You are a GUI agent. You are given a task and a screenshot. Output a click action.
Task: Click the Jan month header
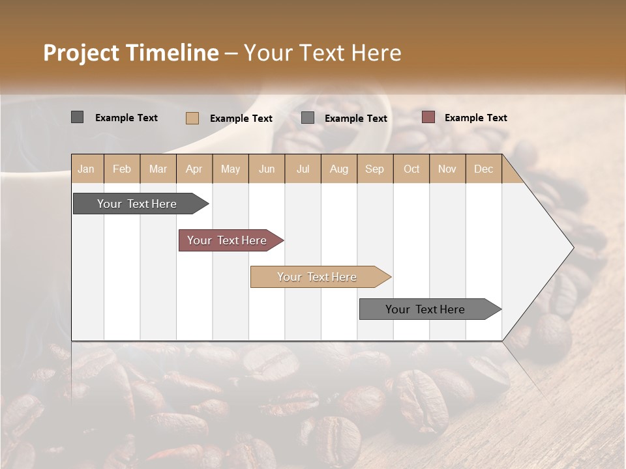[x=86, y=169]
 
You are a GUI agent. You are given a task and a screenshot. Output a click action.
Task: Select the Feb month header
[x=122, y=169]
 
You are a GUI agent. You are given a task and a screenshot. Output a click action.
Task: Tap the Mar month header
[x=158, y=169]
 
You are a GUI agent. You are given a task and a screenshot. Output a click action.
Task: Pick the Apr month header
[x=194, y=169]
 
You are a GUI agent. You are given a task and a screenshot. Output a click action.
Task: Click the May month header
[x=230, y=169]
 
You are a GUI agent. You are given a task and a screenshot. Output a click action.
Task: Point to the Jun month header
[x=267, y=169]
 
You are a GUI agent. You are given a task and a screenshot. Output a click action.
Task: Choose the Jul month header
[x=303, y=169]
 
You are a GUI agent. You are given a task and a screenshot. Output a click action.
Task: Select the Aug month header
[x=339, y=169]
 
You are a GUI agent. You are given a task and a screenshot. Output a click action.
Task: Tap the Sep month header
[x=374, y=169]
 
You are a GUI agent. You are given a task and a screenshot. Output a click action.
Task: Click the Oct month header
[x=411, y=169]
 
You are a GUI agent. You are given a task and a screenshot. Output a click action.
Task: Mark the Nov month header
[x=447, y=169]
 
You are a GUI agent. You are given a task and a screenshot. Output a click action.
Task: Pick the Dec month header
[x=483, y=169]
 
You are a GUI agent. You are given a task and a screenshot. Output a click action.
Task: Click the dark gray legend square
[x=77, y=117]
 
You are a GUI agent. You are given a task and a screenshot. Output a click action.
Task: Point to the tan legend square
[x=192, y=118]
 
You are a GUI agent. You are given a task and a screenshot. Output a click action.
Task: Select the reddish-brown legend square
[x=428, y=117]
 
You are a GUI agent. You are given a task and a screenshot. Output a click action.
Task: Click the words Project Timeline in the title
[x=131, y=53]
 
